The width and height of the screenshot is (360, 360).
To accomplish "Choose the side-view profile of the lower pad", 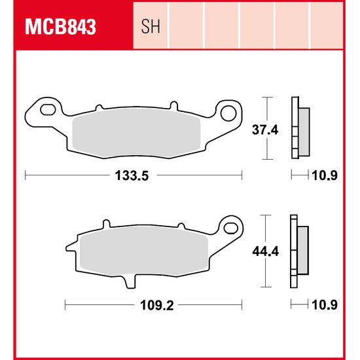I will [x=300, y=251].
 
